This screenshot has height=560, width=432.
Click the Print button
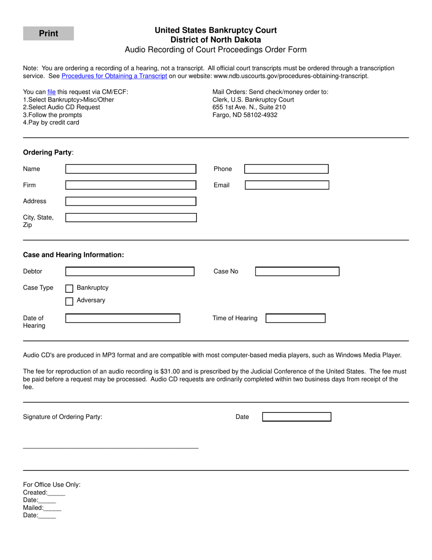click(48, 33)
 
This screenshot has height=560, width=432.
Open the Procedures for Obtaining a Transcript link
click(114, 76)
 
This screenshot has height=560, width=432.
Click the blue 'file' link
click(51, 92)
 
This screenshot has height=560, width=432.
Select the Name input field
click(131, 169)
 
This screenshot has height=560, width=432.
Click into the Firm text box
click(131, 185)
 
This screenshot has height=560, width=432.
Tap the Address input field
click(131, 201)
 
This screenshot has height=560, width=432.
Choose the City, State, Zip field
click(131, 218)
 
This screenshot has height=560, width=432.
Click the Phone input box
click(286, 169)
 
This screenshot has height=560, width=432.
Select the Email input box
click(286, 185)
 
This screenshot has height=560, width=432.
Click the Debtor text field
click(130, 271)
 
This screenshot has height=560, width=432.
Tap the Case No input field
click(297, 271)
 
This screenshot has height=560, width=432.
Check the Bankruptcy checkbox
click(70, 288)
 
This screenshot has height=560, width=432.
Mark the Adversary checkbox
click(70, 301)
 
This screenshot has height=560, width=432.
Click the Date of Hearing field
click(123, 318)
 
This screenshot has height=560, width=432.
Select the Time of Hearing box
click(295, 318)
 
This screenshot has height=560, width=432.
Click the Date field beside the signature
click(296, 417)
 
